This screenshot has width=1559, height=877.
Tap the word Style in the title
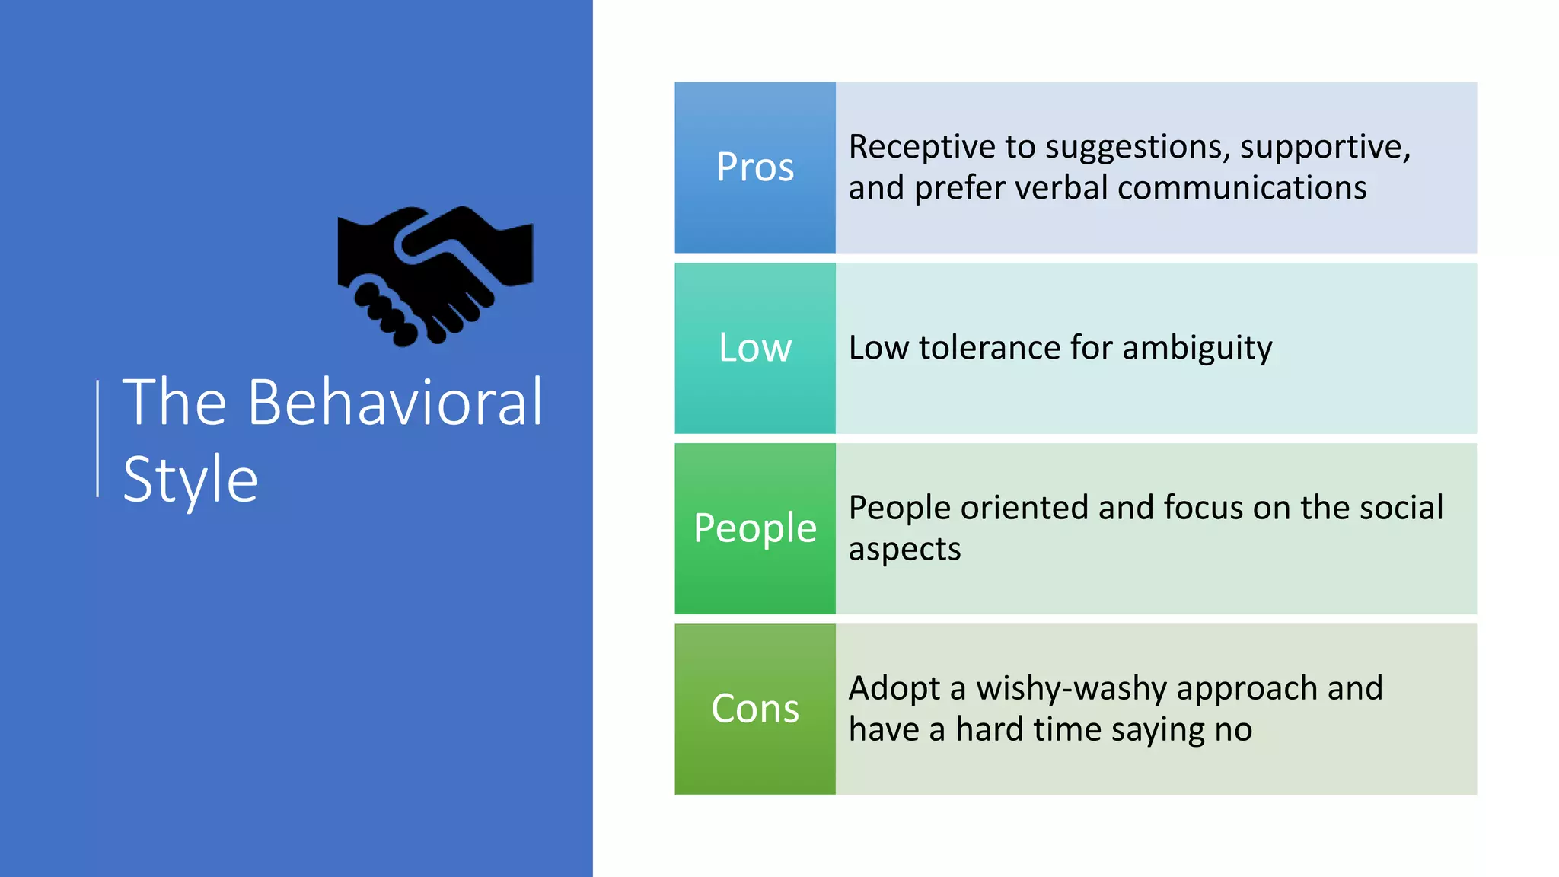pyautogui.click(x=190, y=480)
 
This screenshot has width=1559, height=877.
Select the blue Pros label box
pyautogui.click(x=754, y=167)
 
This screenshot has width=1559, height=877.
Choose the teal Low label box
pyautogui.click(x=754, y=348)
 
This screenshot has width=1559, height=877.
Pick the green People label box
pyautogui.click(x=754, y=528)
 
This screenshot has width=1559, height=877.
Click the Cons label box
pyautogui.click(x=754, y=709)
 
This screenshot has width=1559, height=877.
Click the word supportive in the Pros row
pyautogui.click(x=1325, y=147)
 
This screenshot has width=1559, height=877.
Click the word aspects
pyautogui.click(x=904, y=550)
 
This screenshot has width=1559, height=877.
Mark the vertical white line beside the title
pyautogui.click(x=97, y=438)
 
